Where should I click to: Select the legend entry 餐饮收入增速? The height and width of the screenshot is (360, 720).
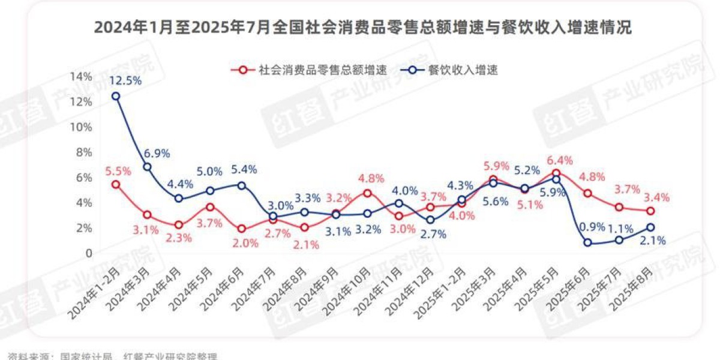[x=462, y=70]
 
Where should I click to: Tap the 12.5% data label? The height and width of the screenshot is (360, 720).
[x=125, y=80]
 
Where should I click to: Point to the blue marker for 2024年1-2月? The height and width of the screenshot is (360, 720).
[x=116, y=96]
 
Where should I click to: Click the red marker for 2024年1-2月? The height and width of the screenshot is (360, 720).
[x=116, y=184]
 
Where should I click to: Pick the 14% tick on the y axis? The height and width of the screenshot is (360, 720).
[x=82, y=76]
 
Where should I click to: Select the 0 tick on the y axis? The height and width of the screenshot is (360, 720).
[x=88, y=253]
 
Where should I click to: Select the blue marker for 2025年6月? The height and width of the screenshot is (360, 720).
[x=587, y=243]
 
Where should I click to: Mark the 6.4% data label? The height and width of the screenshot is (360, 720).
[x=560, y=160]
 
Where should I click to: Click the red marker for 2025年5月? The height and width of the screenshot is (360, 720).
[x=556, y=173]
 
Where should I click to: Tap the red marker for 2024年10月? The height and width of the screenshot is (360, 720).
[x=367, y=193]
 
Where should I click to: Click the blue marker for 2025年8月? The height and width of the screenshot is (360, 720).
[x=650, y=227]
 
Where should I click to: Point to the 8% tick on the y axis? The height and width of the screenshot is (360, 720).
[x=83, y=152]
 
